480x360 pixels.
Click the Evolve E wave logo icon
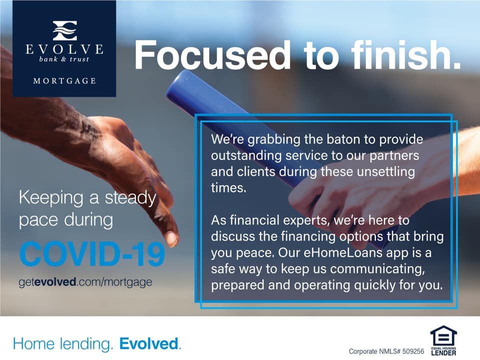click(x=64, y=30)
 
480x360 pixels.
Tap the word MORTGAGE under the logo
click(x=64, y=81)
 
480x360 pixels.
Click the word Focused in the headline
click(x=212, y=55)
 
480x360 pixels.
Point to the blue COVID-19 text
click(x=92, y=254)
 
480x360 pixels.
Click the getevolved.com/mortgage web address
click(x=85, y=282)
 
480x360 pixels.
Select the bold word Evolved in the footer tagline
click(x=149, y=343)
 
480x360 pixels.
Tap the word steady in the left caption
click(x=130, y=198)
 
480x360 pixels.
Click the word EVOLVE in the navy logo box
click(x=64, y=49)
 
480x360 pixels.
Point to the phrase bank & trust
click(x=64, y=59)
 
